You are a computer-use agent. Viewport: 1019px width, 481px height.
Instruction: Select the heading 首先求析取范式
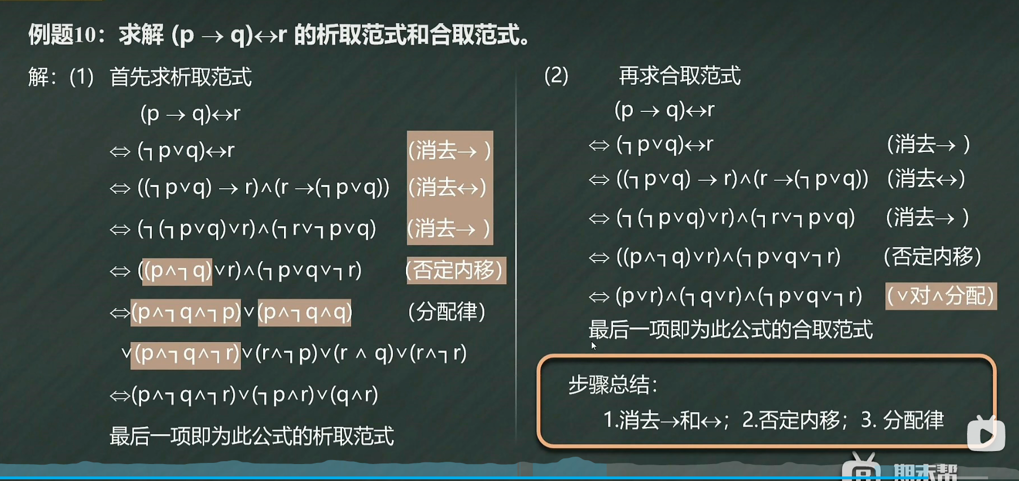181,77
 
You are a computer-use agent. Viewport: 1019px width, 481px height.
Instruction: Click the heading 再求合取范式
680,75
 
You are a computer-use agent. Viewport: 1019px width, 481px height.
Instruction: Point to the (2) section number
556,75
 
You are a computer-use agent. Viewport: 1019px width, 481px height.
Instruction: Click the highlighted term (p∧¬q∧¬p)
186,312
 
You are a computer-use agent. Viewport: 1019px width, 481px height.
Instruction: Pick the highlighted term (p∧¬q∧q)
305,312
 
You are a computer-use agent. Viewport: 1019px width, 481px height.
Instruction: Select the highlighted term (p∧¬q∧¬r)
186,354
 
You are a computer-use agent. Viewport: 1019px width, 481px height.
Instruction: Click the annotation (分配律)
447,311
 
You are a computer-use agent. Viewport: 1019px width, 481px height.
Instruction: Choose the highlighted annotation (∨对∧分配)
941,296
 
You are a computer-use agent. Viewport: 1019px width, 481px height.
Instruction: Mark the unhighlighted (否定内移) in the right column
933,257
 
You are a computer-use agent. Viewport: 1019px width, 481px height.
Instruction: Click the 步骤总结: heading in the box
613,385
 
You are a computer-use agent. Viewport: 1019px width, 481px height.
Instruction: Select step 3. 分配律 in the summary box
902,420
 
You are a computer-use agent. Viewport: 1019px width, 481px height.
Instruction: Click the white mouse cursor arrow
594,346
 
